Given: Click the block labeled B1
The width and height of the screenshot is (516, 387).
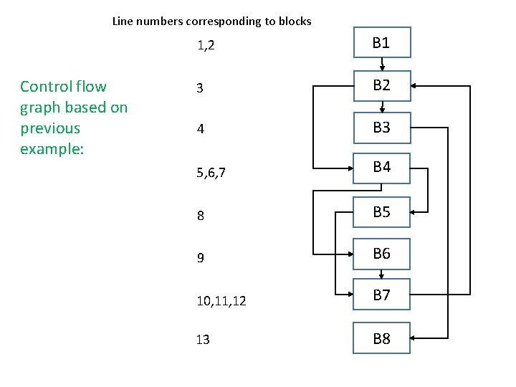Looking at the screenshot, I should click(381, 43).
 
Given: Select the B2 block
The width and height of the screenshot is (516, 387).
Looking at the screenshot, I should click(381, 85).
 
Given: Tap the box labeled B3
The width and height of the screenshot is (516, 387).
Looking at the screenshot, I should click(381, 128).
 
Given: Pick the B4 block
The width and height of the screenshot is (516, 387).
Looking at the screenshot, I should click(381, 168).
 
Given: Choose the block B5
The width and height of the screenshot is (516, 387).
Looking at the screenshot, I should click(381, 212).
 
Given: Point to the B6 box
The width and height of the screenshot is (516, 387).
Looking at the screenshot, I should click(381, 254).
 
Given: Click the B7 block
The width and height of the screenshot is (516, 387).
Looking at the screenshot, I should click(381, 295).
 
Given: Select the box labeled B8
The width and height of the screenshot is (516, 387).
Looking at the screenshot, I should click(381, 338).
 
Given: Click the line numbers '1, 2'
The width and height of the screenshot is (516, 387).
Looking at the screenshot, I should click(206, 47).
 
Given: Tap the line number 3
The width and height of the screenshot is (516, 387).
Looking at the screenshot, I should click(200, 88).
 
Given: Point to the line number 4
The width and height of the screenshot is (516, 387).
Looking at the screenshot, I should click(201, 130).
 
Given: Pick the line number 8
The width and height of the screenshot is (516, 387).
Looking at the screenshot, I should click(201, 215).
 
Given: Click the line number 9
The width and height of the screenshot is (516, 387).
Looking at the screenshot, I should click(201, 257).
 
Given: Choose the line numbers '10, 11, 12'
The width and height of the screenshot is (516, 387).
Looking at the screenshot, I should click(221, 301).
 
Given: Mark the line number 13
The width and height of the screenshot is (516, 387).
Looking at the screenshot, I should click(203, 340).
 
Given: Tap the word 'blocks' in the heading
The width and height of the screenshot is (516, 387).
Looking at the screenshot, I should click(294, 21).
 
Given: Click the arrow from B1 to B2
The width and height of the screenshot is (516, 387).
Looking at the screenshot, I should click(382, 64).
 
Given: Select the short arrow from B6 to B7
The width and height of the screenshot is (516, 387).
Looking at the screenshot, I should click(382, 274).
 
